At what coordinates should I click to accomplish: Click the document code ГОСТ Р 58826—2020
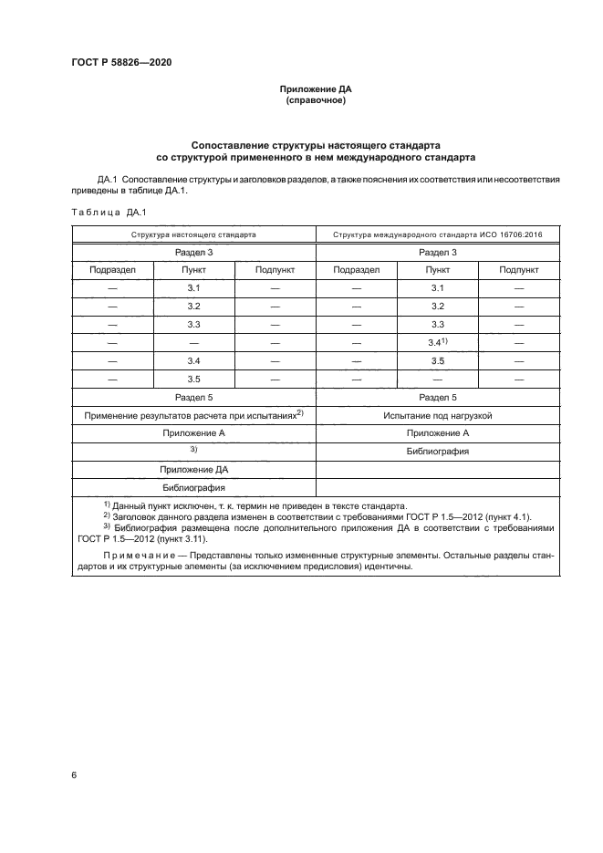[x=121, y=62]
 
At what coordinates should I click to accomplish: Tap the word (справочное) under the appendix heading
[x=315, y=100]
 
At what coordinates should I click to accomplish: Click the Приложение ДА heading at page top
[x=315, y=89]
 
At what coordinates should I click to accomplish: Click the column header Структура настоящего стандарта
[x=193, y=234]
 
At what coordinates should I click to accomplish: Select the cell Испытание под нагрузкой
[x=438, y=415]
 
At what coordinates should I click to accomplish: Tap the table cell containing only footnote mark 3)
[x=193, y=451]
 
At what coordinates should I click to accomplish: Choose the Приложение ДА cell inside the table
[x=193, y=470]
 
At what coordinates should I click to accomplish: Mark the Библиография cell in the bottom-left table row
[x=193, y=487]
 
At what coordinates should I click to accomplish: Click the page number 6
[x=74, y=775]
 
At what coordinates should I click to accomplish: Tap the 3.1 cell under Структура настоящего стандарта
[x=193, y=287]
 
